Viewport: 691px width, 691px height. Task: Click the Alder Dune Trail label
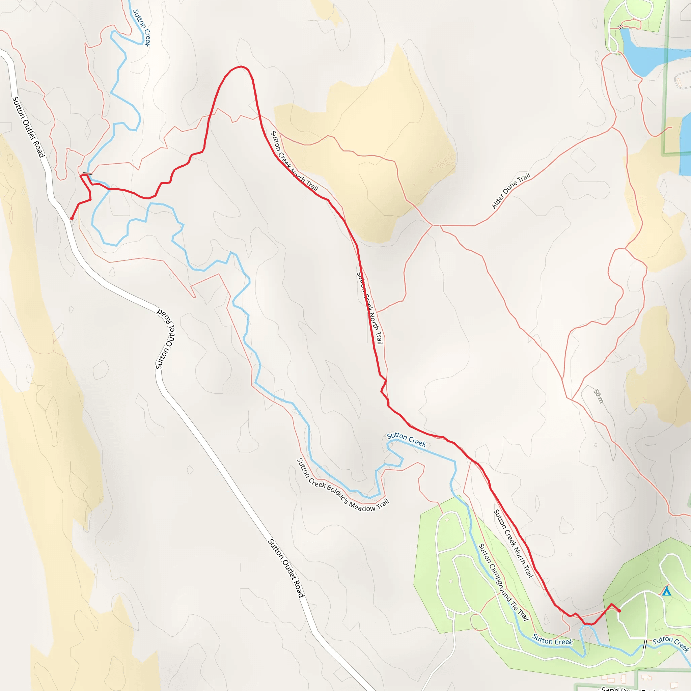[511, 191]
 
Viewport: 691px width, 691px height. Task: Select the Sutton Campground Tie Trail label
[503, 582]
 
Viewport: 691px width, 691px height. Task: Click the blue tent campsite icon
[666, 591]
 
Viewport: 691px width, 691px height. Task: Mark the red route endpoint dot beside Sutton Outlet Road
[72, 219]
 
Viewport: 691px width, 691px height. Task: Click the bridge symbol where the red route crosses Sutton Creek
[87, 173]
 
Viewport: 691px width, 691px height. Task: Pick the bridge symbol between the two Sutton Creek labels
[645, 644]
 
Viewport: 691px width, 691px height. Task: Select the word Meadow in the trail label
[362, 506]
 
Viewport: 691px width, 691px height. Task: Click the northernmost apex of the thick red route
[242, 66]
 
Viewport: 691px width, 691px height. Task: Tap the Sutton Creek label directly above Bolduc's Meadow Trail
[406, 440]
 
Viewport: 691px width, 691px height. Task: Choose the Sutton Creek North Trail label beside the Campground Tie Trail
[514, 543]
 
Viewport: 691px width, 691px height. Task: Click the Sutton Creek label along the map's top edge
[142, 28]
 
